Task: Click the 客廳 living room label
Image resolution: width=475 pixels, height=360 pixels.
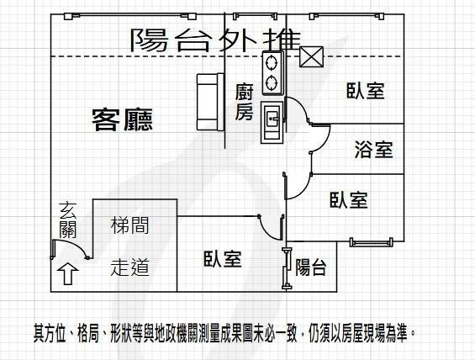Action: coord(123,119)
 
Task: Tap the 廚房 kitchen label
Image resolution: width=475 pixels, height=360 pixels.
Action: coord(244,102)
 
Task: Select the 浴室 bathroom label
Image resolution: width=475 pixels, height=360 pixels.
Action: coord(374,150)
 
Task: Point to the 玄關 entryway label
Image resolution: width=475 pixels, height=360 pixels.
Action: coord(67,220)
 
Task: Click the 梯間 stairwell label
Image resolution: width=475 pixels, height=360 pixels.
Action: coord(129,225)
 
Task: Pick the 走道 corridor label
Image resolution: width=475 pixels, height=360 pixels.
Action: coord(129,267)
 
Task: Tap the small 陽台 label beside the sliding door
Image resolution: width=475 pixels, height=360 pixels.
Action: coord(310,267)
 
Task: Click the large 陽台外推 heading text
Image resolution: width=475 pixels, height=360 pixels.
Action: coord(216,40)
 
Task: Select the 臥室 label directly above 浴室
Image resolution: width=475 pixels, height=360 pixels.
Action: coord(366,91)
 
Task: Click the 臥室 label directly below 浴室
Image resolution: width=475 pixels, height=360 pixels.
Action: coord(349,199)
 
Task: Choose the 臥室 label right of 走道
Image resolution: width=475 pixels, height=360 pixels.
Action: coord(223,259)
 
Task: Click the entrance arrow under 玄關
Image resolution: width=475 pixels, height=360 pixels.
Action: coord(68,273)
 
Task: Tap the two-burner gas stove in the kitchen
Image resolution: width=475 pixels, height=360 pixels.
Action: coord(273,72)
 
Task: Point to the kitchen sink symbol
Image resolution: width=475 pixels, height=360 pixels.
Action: coord(272,122)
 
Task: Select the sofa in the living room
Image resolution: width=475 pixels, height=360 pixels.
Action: coord(210,102)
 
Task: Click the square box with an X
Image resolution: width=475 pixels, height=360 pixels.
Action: coord(311,56)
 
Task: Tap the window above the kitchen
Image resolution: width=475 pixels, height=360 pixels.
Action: coord(256,16)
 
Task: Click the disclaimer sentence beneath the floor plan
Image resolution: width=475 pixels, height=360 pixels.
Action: coord(224,333)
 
